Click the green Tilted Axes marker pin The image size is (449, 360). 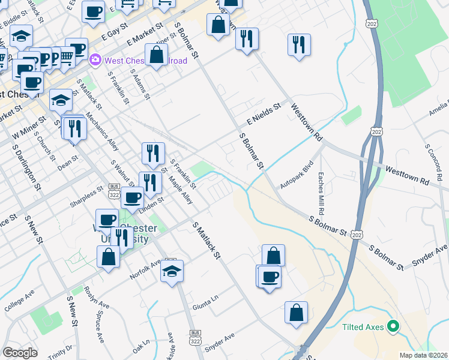point(393,327)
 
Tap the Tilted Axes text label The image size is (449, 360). point(364,328)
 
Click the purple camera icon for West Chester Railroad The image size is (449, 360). point(95,60)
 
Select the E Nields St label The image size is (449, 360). point(264,112)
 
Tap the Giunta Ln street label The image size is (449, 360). point(205,307)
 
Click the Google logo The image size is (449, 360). point(20,352)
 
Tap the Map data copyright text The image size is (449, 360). point(423,355)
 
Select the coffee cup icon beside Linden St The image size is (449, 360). point(133,197)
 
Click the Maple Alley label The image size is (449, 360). point(181,190)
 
